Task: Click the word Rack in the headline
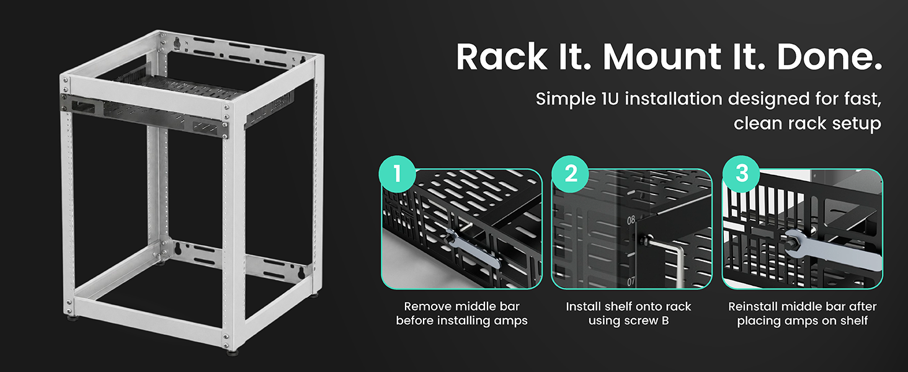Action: [x=502, y=57]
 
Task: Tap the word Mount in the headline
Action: [x=662, y=57]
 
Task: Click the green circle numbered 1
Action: [x=397, y=174]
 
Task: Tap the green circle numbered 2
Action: [x=571, y=174]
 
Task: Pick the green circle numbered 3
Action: [x=741, y=174]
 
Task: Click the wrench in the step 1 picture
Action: [x=472, y=249]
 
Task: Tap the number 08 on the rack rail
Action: [x=631, y=220]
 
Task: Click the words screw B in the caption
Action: [x=648, y=321]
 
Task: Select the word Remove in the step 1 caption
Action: [x=427, y=306]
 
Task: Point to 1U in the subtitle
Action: [x=610, y=99]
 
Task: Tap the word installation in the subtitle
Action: [x=674, y=99]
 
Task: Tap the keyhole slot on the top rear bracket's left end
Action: [x=177, y=43]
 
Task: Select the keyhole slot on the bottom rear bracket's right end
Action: [x=301, y=272]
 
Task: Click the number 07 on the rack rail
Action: [x=631, y=281]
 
